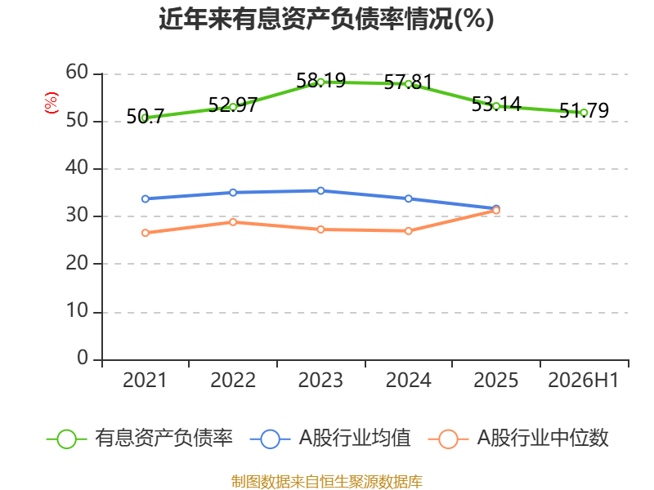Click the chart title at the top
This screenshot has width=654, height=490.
tap(326, 19)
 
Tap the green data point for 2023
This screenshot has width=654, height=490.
tap(320, 82)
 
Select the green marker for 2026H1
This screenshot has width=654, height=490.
tap(584, 113)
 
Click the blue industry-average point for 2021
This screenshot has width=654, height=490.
tap(146, 198)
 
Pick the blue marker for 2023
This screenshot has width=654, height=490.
tap(320, 191)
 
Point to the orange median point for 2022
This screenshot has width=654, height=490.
tap(233, 222)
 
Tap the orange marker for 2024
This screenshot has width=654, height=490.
tap(408, 231)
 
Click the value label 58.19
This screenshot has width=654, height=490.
tap(320, 80)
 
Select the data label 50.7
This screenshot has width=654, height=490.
tap(146, 116)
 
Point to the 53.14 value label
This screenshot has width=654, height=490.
tap(496, 104)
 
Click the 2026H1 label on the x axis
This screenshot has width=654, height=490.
tap(583, 380)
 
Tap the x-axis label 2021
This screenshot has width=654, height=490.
tap(145, 380)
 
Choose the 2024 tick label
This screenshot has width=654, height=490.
tap(408, 380)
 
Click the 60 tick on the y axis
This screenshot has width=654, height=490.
tap(77, 72)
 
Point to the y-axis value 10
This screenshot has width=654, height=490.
tap(77, 311)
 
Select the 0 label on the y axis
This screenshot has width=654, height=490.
tap(83, 358)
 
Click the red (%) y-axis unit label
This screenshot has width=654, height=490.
tap(52, 103)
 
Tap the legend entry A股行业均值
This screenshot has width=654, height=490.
tap(331, 439)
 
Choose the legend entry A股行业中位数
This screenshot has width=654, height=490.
tap(518, 439)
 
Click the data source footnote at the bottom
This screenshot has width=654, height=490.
tap(327, 482)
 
